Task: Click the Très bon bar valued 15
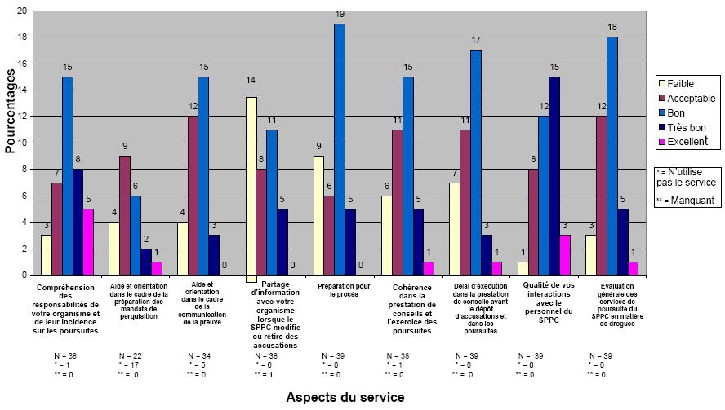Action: click(x=554, y=175)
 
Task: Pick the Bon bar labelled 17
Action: click(x=475, y=162)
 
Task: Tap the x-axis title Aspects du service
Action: click(x=344, y=397)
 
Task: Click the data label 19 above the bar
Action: click(x=340, y=15)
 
